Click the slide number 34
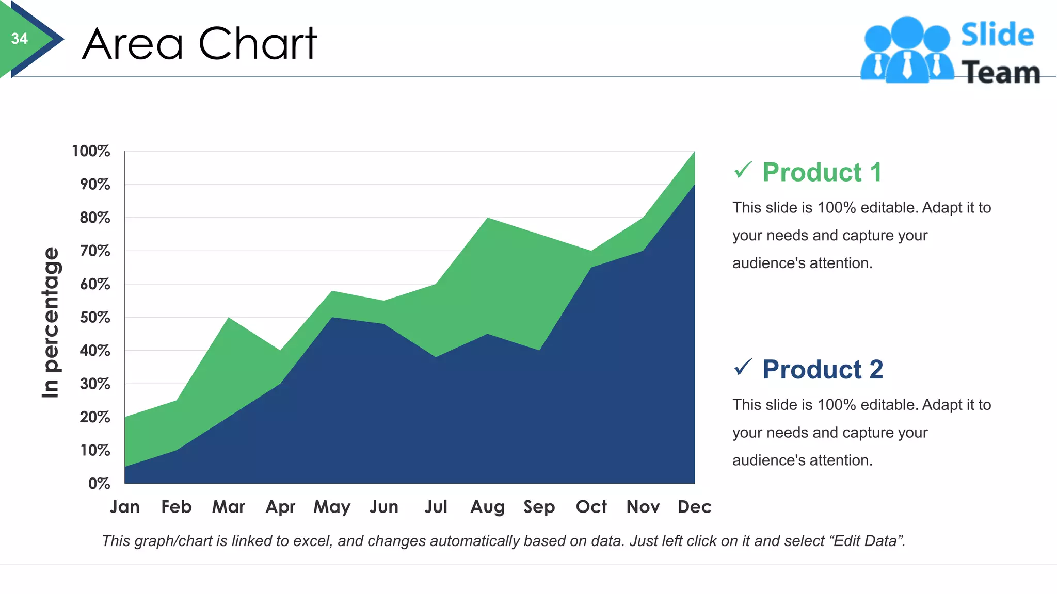coord(20,39)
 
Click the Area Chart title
coord(199,44)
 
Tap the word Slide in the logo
coord(997,35)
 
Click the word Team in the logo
coord(1000,72)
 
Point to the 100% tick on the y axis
coord(91,151)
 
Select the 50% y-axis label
coord(94,317)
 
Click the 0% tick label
coord(99,484)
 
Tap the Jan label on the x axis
coord(124,507)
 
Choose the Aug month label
coord(487,507)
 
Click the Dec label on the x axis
coord(694,507)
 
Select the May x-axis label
coord(332,507)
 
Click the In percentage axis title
coord(51,322)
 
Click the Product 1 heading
coord(822,172)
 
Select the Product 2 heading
coord(823,369)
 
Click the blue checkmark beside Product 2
coord(743,367)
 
